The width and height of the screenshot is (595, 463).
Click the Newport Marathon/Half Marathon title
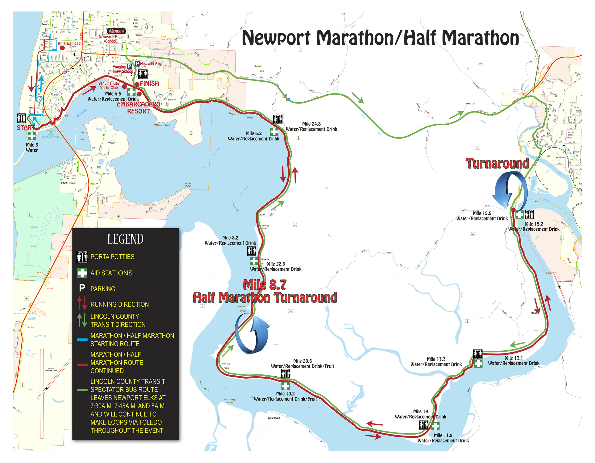click(380, 38)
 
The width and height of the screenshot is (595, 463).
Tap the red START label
click(26, 127)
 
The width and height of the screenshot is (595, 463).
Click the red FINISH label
click(149, 84)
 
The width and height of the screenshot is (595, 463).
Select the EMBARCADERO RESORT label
click(138, 108)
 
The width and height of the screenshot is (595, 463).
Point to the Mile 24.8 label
click(311, 124)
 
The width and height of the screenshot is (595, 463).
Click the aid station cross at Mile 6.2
click(274, 132)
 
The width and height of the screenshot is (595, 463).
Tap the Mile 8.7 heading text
click(264, 285)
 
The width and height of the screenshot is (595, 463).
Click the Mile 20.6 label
click(302, 361)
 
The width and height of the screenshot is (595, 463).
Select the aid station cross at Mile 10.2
click(285, 386)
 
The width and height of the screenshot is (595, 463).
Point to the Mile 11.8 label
click(443, 436)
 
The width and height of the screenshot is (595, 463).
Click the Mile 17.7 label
click(436, 359)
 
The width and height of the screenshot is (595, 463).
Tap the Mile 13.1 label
click(514, 358)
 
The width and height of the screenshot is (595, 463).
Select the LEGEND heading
click(125, 239)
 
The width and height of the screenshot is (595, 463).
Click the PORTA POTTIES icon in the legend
click(82, 257)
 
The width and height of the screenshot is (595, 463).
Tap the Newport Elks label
click(151, 64)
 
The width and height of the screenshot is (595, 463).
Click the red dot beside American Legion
click(62, 48)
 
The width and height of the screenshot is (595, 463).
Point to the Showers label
click(116, 31)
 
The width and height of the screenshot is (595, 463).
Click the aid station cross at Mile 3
click(32, 136)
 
